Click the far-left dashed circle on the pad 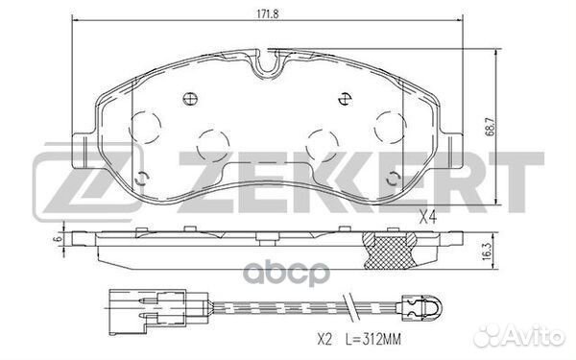pos(145,126)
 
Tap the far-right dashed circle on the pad pos(392,126)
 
